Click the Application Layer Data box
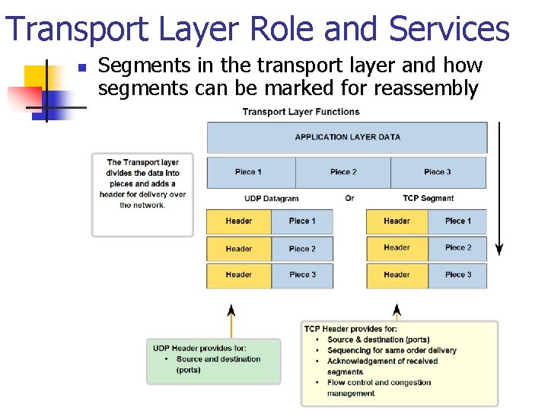(347, 137)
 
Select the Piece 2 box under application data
(343, 172)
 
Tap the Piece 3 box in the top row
(438, 172)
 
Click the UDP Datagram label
(272, 199)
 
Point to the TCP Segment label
(428, 199)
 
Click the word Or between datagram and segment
(349, 199)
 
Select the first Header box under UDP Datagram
(238, 221)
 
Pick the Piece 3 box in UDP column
(302, 275)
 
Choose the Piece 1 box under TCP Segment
(458, 221)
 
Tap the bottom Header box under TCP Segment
(397, 275)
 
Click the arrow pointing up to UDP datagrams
(231, 320)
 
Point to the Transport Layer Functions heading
(301, 112)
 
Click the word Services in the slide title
(448, 29)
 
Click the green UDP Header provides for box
(214, 361)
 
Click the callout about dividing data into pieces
(142, 194)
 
